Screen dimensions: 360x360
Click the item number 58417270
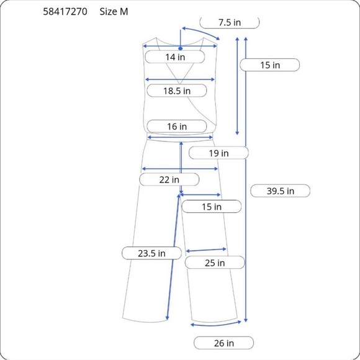pos(65,11)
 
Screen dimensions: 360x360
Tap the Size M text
pos(114,11)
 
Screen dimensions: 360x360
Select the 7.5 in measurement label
pos(230,22)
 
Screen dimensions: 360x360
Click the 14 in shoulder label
pos(175,56)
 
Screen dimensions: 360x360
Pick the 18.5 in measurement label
pos(177,91)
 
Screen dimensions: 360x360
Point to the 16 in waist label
pos(177,126)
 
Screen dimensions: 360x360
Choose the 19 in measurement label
pos(218,153)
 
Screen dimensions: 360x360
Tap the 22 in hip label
pos(169,179)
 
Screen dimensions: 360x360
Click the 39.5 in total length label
pos(281,191)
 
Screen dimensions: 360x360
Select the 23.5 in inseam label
pos(151,253)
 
